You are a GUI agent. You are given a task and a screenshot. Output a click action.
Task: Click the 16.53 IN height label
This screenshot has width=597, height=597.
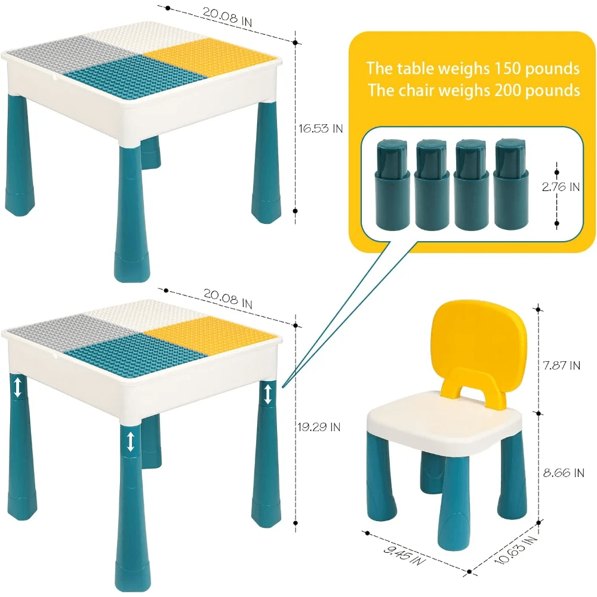point(321,129)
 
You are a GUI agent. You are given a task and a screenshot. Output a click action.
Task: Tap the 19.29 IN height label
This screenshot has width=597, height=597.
point(319,427)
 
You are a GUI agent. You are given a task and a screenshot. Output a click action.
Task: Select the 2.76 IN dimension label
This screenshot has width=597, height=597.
point(561,186)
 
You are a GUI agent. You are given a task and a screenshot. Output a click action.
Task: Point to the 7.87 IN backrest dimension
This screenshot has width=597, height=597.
point(562,365)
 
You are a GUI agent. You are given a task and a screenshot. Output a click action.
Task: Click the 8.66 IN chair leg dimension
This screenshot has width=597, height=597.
point(564,473)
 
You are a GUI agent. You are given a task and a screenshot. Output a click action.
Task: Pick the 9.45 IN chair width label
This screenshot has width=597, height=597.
point(404,555)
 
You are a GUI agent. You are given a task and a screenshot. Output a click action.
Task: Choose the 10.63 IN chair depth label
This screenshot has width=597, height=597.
point(516,550)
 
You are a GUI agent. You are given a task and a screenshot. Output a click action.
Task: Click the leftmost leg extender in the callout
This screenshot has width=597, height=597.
point(393,184)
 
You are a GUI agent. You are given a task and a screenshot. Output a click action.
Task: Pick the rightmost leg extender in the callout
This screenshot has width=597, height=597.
point(512,184)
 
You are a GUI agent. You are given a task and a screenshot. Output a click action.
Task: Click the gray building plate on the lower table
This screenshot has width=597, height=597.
point(72,331)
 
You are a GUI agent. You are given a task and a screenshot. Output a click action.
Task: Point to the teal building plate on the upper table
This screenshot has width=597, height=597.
point(135,79)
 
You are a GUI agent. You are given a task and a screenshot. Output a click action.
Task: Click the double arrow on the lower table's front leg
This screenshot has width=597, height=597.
point(131,441)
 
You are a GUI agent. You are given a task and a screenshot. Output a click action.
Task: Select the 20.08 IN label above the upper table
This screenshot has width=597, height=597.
point(227,17)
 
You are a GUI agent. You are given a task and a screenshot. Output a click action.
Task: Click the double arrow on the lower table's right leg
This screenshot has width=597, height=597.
point(267,394)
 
